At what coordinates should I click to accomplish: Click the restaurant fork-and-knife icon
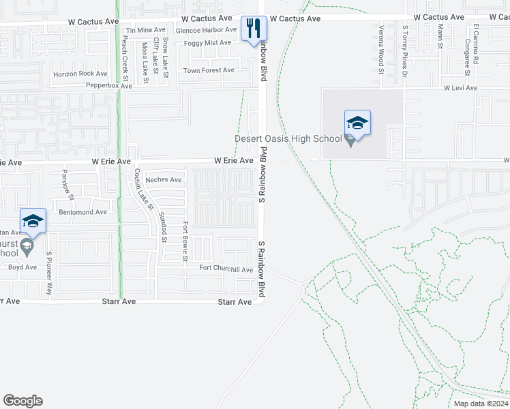[253, 28]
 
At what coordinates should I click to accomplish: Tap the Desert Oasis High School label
[288, 139]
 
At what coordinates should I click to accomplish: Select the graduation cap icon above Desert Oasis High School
[357, 123]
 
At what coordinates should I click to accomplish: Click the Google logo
[22, 401]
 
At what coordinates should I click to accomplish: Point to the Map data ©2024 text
[480, 404]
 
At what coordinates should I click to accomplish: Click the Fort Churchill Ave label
[226, 269]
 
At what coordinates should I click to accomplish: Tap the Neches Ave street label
[164, 180]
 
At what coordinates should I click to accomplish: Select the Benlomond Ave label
[82, 212]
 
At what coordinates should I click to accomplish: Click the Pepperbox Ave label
[108, 86]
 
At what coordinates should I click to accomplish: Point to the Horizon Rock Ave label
[80, 74]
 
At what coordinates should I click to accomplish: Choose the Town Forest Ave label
[209, 70]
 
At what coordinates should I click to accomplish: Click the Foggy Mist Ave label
[207, 43]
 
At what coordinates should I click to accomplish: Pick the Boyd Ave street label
[22, 267]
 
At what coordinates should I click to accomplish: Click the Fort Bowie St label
[185, 241]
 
